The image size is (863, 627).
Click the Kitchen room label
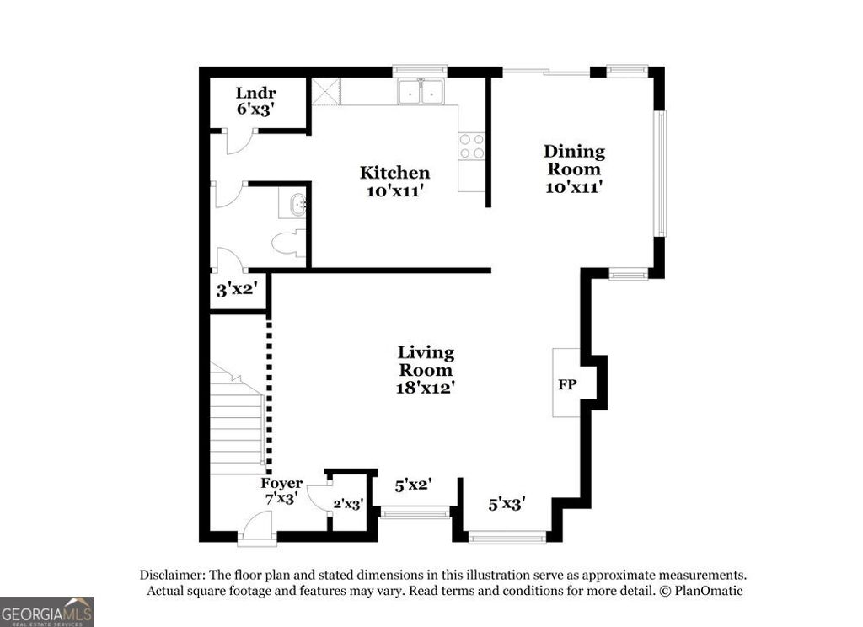coord(394,173)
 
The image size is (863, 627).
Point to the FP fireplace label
coord(566,384)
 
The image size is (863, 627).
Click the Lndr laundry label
coord(255,93)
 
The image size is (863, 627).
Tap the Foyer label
coord(281,483)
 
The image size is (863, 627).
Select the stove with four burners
coord(471,146)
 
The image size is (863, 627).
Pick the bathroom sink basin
coord(295,204)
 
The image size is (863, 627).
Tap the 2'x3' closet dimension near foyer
coord(347,504)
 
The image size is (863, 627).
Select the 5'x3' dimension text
coord(507,504)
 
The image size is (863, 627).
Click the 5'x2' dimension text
coord(414,485)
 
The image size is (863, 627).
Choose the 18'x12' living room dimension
coord(426,388)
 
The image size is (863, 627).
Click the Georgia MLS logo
coord(46,611)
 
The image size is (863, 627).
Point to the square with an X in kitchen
coord(325,91)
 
